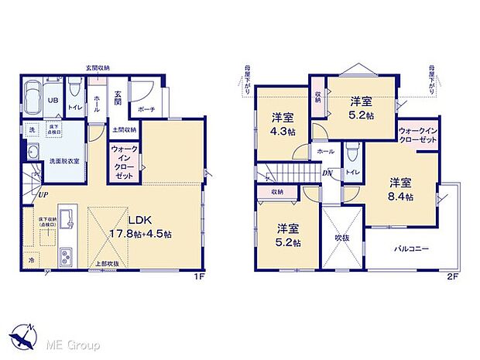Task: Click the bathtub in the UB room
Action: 35,97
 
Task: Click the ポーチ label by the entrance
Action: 147,110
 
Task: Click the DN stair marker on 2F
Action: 327,173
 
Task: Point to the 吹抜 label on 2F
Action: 342,237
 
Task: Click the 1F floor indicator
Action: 200,274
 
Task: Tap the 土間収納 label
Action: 124,130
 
